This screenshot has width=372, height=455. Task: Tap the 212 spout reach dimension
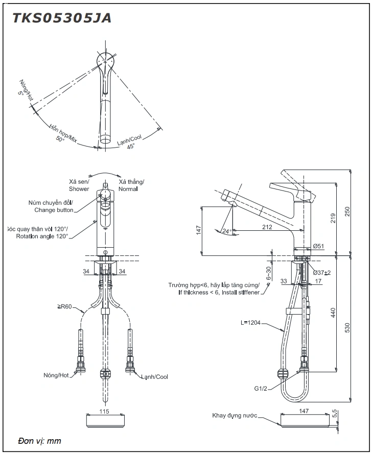[267, 227]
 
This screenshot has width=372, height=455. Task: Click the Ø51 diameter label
[318, 247]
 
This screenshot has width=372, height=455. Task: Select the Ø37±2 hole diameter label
[321, 272]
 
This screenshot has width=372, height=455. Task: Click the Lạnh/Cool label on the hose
[155, 377]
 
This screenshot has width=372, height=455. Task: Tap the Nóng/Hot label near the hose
[57, 375]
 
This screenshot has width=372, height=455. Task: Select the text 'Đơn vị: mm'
[39, 441]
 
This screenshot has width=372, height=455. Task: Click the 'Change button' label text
[54, 210]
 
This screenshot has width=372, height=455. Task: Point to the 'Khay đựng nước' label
[235, 416]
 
